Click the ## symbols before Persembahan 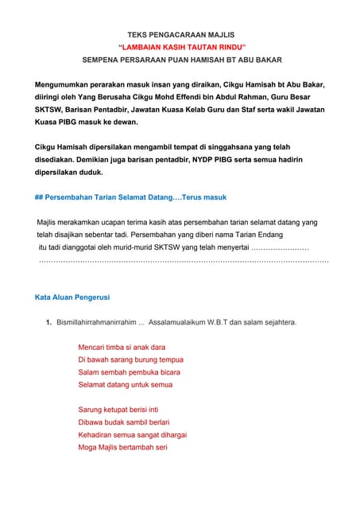click(39, 196)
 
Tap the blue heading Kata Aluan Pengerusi click(72, 297)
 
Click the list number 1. click(49, 322)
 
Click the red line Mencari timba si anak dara click(122, 348)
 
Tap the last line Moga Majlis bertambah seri click(122, 447)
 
